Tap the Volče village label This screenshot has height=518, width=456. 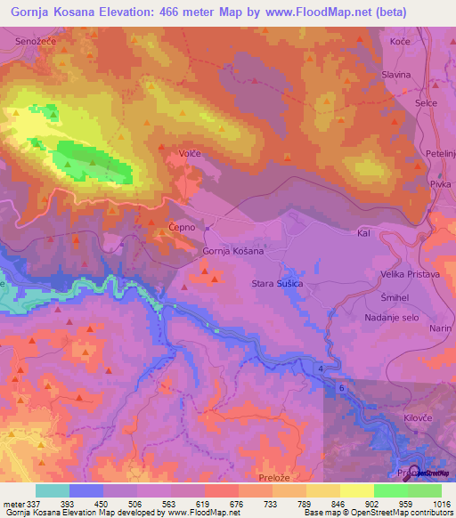[190, 154]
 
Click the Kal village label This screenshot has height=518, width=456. [362, 232]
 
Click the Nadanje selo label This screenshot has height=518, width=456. [393, 317]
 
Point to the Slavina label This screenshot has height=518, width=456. [395, 76]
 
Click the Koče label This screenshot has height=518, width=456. [399, 42]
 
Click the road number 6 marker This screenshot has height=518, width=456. [340, 388]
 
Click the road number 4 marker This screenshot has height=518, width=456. [320, 367]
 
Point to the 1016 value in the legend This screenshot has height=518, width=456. [443, 503]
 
